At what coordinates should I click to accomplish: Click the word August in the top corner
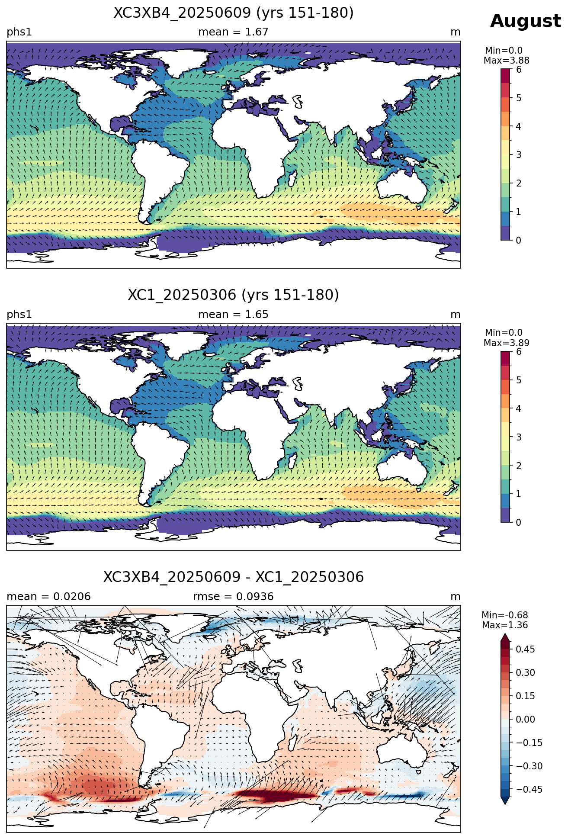[x=526, y=21]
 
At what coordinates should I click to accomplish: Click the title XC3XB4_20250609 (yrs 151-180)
[x=234, y=13]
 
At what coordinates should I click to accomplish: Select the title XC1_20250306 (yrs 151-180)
[x=234, y=295]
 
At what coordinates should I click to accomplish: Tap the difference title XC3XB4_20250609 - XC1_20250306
[x=234, y=577]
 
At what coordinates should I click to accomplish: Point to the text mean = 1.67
[x=233, y=32]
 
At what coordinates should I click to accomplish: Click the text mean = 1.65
[x=233, y=315]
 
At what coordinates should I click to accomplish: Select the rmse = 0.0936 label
[x=233, y=597]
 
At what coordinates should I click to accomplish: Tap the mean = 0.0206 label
[x=48, y=597]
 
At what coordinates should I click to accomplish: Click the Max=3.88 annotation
[x=506, y=61]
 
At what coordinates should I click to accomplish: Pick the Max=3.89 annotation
[x=506, y=343]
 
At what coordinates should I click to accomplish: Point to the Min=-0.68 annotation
[x=505, y=615]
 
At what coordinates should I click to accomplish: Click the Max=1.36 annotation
[x=505, y=625]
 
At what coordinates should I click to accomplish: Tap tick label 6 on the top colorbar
[x=519, y=70]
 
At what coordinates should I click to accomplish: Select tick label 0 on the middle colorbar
[x=519, y=522]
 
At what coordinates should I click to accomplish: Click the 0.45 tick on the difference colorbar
[x=526, y=649]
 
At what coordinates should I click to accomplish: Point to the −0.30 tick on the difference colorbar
[x=523, y=766]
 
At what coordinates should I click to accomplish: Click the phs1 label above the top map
[x=19, y=32]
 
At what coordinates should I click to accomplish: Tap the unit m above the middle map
[x=456, y=315]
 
